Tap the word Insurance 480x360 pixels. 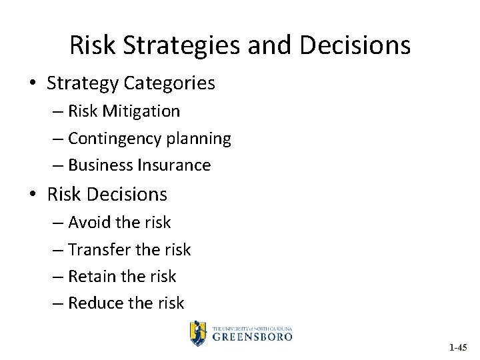pos(175,165)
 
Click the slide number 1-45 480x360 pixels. pos(458,347)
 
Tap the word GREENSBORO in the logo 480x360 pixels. pos(252,337)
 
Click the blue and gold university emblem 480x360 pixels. pos(198,332)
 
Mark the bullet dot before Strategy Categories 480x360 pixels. pos(33,84)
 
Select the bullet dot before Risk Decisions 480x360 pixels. pos(33,195)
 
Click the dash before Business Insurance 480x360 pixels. pos(58,166)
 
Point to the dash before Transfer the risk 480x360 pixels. pos(58,250)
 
